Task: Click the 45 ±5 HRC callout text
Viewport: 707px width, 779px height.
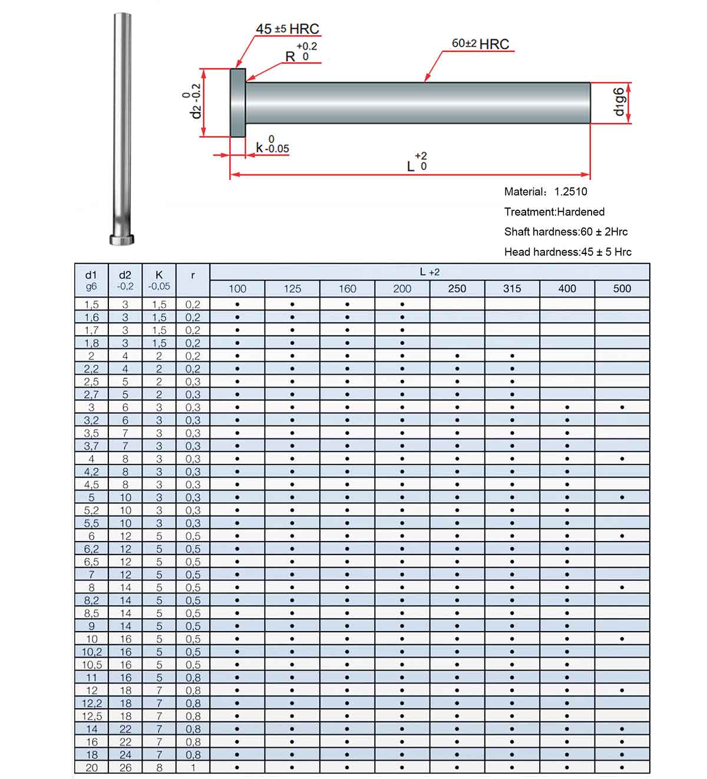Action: pyautogui.click(x=287, y=29)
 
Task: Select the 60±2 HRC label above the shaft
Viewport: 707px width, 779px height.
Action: pyautogui.click(x=480, y=44)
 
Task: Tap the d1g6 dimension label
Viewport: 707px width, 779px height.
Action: pyautogui.click(x=619, y=103)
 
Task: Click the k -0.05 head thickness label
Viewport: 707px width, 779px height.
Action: pyautogui.click(x=272, y=146)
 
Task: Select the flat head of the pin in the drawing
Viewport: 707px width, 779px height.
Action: pyautogui.click(x=238, y=103)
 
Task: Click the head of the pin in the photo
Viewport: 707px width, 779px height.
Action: pyautogui.click(x=122, y=239)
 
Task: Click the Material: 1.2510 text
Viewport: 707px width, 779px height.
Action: pyautogui.click(x=546, y=192)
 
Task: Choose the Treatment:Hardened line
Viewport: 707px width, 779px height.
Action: pyautogui.click(x=554, y=212)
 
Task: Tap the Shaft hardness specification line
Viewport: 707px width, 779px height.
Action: pyautogui.click(x=566, y=232)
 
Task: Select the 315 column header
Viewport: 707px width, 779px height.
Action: pyautogui.click(x=512, y=289)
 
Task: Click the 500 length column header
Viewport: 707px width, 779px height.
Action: pyautogui.click(x=622, y=289)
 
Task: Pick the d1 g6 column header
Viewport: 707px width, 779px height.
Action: pyautogui.click(x=91, y=280)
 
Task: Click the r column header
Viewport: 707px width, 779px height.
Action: pyautogui.click(x=193, y=275)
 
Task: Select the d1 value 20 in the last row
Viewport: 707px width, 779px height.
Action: pyautogui.click(x=91, y=767)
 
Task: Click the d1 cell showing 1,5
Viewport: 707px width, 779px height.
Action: pyautogui.click(x=91, y=305)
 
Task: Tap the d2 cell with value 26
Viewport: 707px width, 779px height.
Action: pyautogui.click(x=125, y=767)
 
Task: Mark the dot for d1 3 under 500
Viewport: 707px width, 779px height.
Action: pyautogui.click(x=622, y=407)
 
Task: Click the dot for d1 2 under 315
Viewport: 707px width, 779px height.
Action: pyautogui.click(x=512, y=356)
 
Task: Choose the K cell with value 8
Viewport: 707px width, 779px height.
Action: pyautogui.click(x=159, y=767)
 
